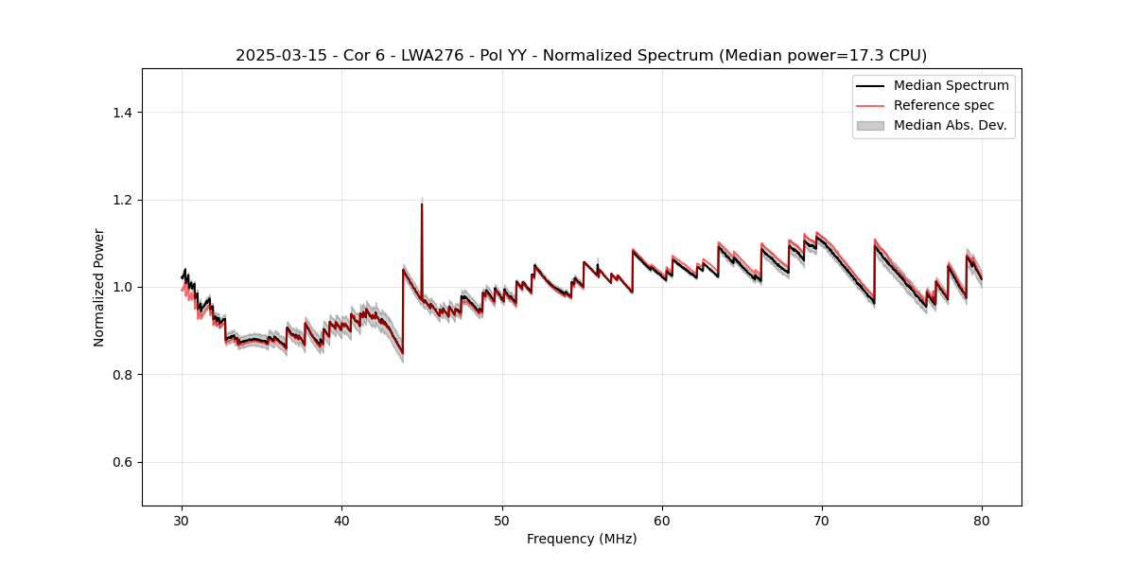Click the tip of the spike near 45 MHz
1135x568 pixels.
[x=422, y=204]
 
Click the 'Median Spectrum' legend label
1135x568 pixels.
[x=951, y=85]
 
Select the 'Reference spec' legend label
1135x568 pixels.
[x=944, y=105]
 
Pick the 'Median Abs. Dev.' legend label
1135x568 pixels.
[x=950, y=125]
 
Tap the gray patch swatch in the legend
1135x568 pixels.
[x=870, y=125]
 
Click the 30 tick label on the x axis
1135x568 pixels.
[x=182, y=520]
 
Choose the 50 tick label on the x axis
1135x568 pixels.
[x=502, y=520]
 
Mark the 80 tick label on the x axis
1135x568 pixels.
[x=982, y=520]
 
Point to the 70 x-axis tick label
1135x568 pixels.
[x=822, y=520]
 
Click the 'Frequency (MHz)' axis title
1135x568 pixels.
[x=582, y=539]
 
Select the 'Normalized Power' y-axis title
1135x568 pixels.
[x=99, y=287]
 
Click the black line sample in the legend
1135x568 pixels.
[x=870, y=85]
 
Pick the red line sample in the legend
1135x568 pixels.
[x=870, y=105]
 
